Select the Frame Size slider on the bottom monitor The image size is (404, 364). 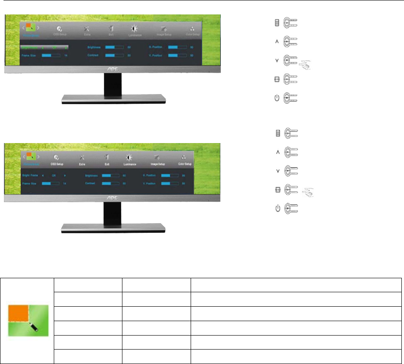[x=46, y=183]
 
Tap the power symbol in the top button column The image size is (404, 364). [x=277, y=98]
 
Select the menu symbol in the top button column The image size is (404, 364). [x=277, y=23]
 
